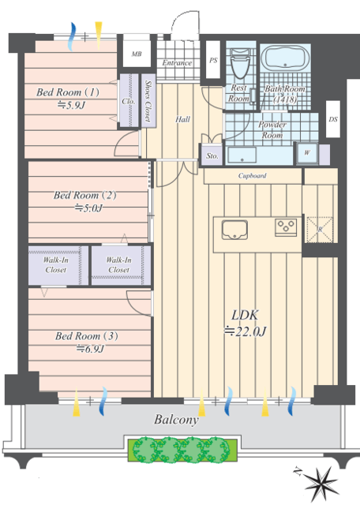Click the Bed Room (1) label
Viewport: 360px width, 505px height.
[x=68, y=92]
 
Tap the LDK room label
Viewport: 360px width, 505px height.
[x=245, y=315]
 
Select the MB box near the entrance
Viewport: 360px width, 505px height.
[x=137, y=54]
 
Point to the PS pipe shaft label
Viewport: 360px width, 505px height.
[x=213, y=60]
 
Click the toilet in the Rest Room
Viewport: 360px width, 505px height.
[x=241, y=64]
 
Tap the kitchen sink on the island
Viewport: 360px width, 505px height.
[x=234, y=230]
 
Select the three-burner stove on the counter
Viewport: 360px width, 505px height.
[x=286, y=227]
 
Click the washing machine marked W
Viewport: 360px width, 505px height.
[x=307, y=153]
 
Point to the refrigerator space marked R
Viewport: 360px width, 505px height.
[x=320, y=230]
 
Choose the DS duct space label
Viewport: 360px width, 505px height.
[x=333, y=119]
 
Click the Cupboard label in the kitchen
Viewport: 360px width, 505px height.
[x=253, y=175]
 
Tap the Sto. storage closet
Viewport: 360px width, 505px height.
[x=212, y=155]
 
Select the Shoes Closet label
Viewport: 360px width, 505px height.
[x=148, y=101]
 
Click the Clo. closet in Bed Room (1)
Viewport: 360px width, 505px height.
[x=129, y=100]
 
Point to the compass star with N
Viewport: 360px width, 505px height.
[x=319, y=480]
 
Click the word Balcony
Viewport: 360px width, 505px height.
[x=176, y=420]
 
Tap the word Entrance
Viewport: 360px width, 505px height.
[x=177, y=63]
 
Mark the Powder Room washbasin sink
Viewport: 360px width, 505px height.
[x=242, y=155]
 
